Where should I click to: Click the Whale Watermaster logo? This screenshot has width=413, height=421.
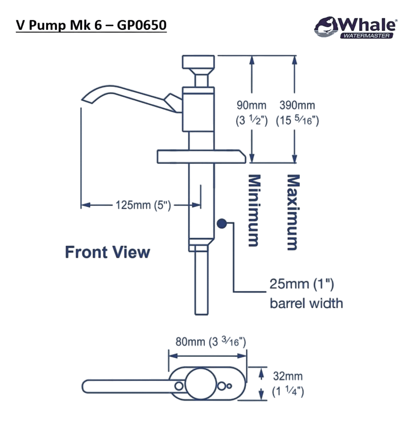click(355, 28)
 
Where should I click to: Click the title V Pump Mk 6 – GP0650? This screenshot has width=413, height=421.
click(91, 25)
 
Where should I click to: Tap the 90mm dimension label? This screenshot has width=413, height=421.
click(251, 105)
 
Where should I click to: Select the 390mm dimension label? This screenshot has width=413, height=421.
click(297, 105)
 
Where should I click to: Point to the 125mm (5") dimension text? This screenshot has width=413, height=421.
click(143, 205)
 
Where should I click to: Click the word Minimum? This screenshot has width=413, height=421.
click(254, 210)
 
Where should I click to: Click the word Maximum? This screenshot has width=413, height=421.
click(293, 212)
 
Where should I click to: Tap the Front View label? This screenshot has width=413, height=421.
click(108, 253)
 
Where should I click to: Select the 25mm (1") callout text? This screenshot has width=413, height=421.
click(302, 284)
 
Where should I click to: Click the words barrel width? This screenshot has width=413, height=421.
click(306, 303)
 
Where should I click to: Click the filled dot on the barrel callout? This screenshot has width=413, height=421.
click(221, 224)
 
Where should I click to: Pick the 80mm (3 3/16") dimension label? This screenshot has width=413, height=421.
click(211, 342)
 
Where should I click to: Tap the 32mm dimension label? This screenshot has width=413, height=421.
click(288, 376)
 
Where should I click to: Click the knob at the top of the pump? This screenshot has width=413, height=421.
click(199, 62)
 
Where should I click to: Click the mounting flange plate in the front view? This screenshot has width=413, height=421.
click(201, 157)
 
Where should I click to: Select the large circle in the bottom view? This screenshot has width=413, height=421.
click(200, 383)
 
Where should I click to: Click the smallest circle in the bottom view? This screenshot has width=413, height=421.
click(229, 386)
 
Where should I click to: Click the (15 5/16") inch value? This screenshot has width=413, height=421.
click(297, 120)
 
